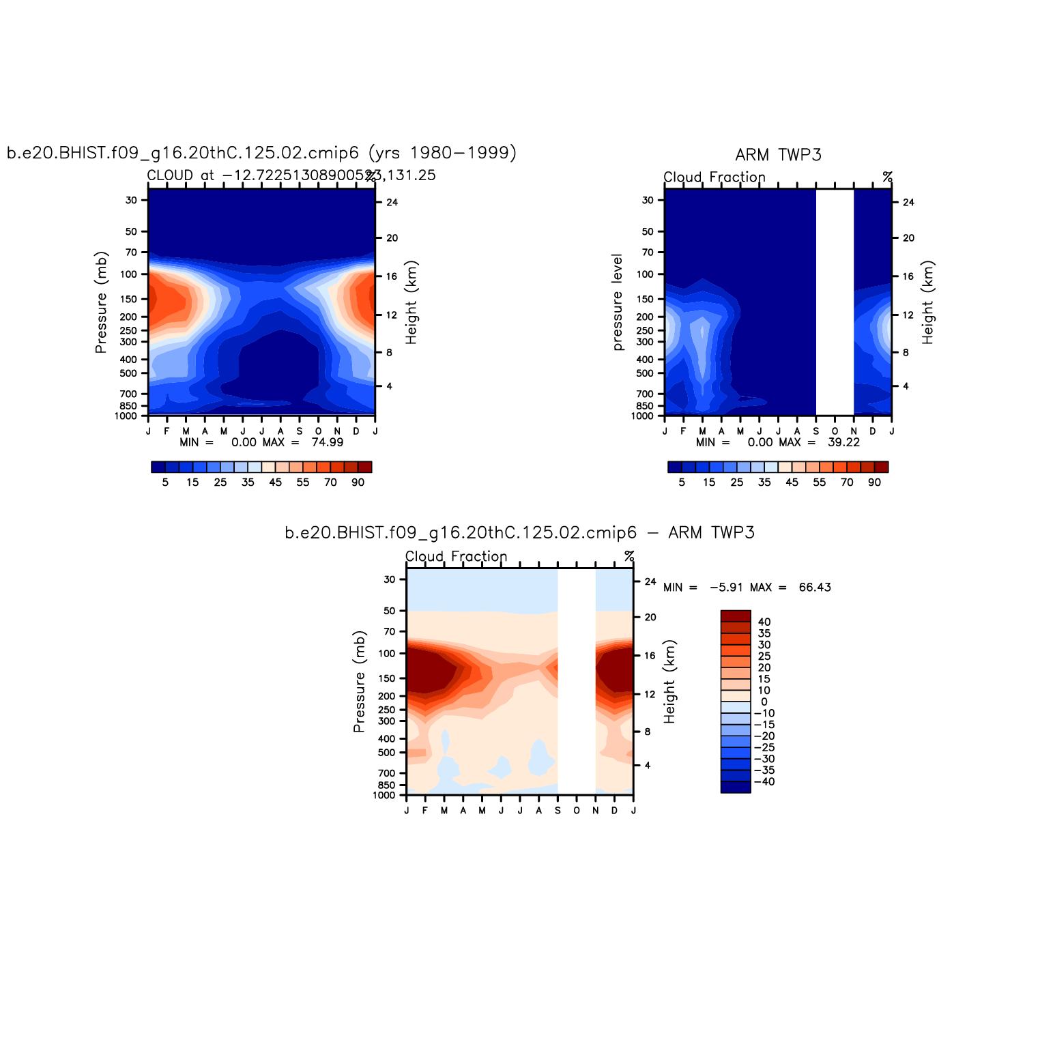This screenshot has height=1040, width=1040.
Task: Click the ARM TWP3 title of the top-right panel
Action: (778, 155)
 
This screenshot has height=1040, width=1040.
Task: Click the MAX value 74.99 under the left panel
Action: (328, 442)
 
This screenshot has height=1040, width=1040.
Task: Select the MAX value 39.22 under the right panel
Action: (844, 442)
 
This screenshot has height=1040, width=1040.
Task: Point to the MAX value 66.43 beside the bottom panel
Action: (815, 588)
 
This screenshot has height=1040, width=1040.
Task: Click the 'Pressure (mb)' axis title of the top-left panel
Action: (101, 302)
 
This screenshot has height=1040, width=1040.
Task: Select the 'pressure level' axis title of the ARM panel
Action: (618, 302)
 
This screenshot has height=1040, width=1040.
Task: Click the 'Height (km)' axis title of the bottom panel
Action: (669, 682)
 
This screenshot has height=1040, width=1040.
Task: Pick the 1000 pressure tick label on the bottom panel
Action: (384, 796)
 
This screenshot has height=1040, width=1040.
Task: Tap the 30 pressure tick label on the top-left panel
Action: (131, 201)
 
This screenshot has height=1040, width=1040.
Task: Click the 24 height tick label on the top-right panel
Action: (908, 203)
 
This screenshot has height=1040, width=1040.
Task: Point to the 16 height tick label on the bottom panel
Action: (650, 656)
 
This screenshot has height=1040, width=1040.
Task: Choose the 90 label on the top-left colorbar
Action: (358, 482)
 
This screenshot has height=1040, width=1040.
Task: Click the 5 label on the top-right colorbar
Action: (682, 482)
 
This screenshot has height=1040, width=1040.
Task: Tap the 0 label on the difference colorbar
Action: (764, 702)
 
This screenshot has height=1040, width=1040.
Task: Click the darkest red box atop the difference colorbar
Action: (736, 616)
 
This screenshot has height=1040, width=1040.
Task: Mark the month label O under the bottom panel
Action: (577, 811)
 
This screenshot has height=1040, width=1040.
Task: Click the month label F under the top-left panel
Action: (167, 431)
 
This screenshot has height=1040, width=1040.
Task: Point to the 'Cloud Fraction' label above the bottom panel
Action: (456, 557)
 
